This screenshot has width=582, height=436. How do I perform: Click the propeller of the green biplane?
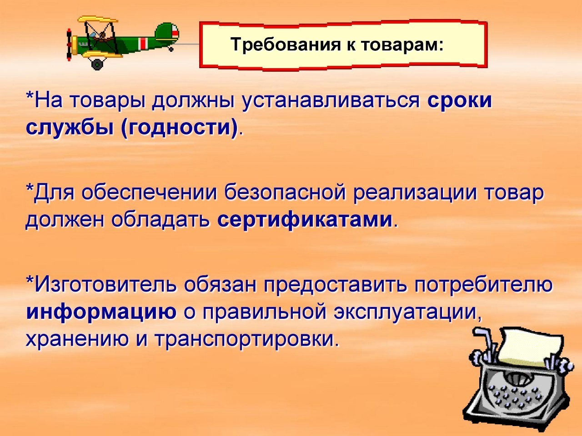coord(70,45)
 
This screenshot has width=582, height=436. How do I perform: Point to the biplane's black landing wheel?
coord(97,64)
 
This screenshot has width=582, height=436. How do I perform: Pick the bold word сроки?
coord(460,101)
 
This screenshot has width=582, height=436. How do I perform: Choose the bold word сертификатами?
coord(305,220)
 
